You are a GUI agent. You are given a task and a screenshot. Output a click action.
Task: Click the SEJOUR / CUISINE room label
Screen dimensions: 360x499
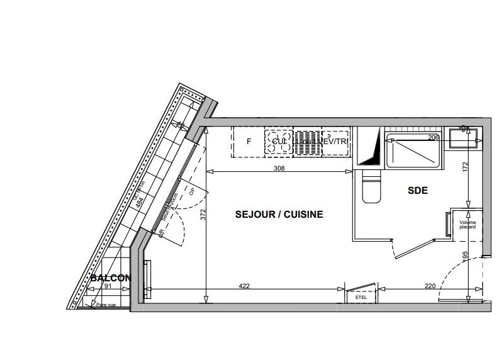tap(279, 215)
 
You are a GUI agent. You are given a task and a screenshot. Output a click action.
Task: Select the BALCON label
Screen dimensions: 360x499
tap(111, 278)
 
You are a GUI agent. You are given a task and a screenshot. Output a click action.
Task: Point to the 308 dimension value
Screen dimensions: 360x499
tap(279, 168)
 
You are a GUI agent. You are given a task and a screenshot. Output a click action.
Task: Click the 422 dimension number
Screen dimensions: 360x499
tap(245, 286)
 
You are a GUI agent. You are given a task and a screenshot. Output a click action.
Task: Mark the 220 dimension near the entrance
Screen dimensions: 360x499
tap(430, 286)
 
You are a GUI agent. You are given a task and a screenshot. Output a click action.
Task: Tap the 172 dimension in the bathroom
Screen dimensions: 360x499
tap(466, 168)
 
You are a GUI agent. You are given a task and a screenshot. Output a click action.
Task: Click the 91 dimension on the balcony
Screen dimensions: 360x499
tap(108, 287)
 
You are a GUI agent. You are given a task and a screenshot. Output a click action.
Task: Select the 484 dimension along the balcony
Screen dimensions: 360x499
tap(139, 203)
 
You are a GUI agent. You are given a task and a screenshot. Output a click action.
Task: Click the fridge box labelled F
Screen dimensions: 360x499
tap(249, 142)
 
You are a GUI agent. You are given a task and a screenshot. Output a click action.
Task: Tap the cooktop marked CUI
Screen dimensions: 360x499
tap(279, 142)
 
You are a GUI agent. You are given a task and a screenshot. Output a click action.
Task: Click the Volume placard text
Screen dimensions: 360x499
tap(468, 225)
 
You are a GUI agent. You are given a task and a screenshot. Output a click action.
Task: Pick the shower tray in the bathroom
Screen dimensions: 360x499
tap(416, 151)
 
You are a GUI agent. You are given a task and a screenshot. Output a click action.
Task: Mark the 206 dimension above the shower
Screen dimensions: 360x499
tap(433, 137)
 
